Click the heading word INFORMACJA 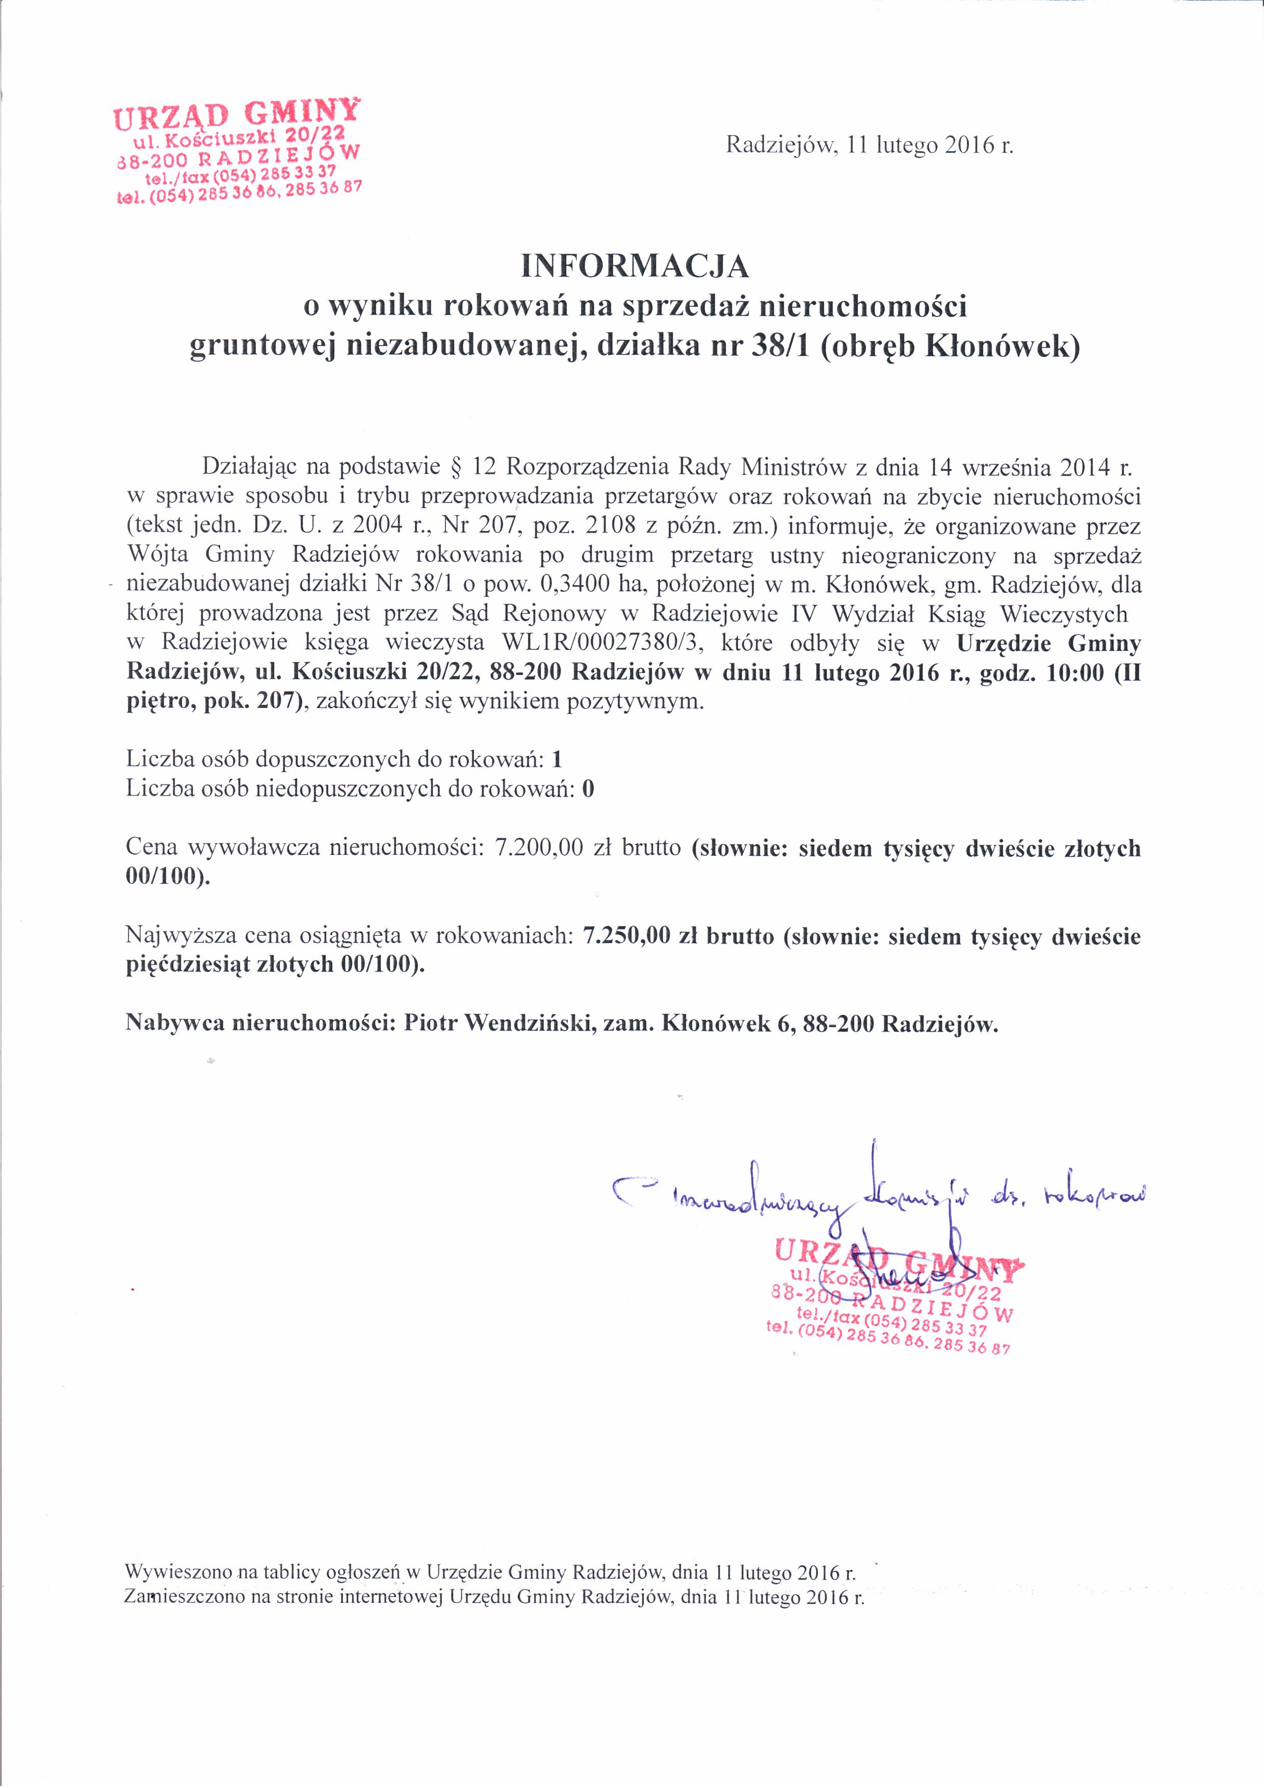tap(635, 267)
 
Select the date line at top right tap(869, 146)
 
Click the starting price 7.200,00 tap(538, 847)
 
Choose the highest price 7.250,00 tap(626, 935)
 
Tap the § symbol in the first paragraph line tap(457, 467)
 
